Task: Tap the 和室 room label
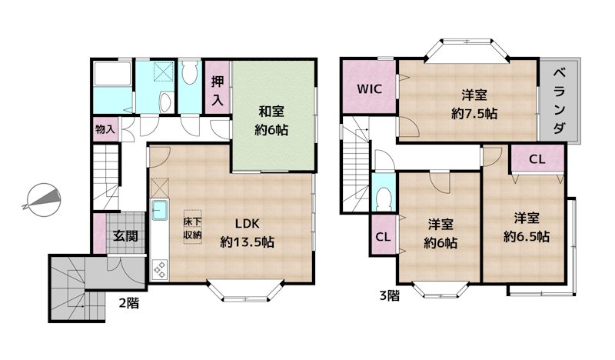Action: [272, 112]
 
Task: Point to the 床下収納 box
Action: [192, 228]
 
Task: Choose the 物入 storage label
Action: [105, 128]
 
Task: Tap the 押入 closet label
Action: [218, 90]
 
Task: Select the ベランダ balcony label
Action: [560, 100]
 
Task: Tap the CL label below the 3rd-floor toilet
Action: [382, 236]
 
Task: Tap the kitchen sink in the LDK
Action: [160, 210]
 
